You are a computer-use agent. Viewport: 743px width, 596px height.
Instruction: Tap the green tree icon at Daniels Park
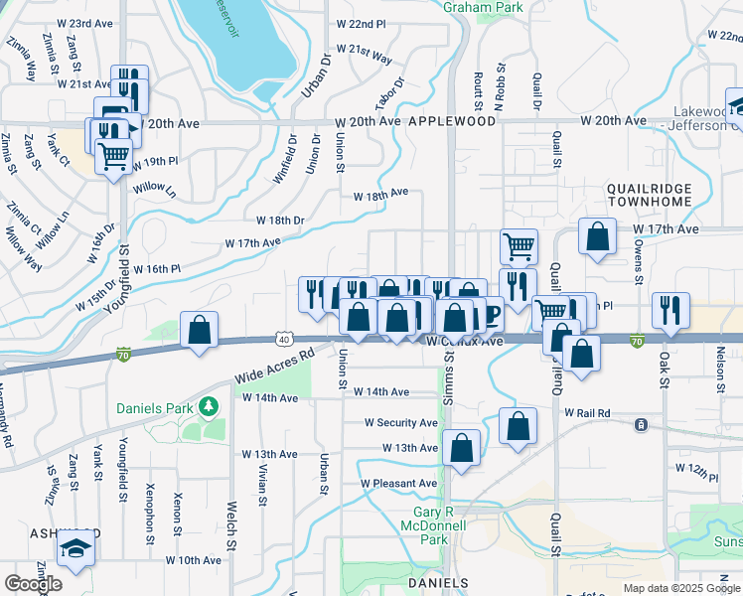(x=208, y=406)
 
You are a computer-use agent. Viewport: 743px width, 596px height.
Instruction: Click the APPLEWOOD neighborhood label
(x=451, y=120)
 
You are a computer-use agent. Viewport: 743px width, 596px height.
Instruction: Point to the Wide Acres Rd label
(x=274, y=366)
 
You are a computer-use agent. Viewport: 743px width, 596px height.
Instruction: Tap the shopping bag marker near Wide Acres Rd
(x=200, y=329)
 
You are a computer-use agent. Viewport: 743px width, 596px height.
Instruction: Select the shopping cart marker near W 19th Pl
(x=114, y=155)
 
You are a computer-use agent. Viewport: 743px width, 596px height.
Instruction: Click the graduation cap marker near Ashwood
(x=75, y=548)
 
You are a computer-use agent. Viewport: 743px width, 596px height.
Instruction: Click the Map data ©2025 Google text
(x=681, y=588)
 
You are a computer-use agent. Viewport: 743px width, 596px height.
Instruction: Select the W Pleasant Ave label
(x=398, y=484)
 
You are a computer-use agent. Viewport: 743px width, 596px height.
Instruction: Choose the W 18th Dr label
(x=281, y=220)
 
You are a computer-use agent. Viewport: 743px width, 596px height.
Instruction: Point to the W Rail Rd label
(x=587, y=412)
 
